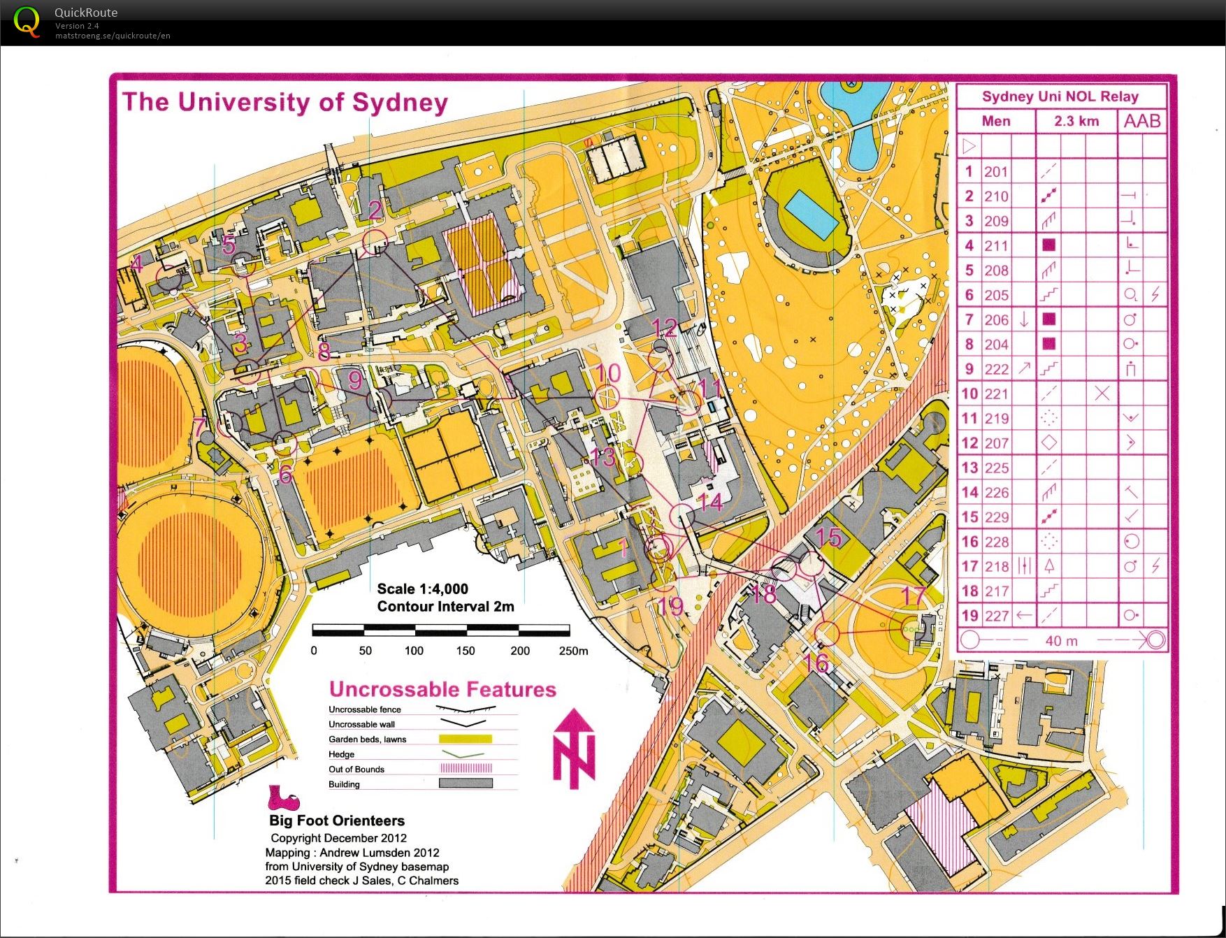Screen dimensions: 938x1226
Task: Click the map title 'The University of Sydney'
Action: click(285, 102)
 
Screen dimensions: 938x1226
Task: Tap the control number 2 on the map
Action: click(375, 210)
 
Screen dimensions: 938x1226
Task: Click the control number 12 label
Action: click(664, 327)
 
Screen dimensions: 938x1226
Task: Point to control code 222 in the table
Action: click(996, 369)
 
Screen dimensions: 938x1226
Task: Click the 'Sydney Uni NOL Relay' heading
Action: click(1060, 96)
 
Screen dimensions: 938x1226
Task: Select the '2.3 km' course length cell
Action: click(1076, 121)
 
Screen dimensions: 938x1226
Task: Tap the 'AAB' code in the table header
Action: click(1142, 121)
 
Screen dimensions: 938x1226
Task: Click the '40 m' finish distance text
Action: click(1061, 640)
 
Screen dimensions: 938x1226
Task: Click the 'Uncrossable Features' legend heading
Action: click(442, 689)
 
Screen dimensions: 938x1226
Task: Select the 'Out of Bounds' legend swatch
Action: click(466, 768)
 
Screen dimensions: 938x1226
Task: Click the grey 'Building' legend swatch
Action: click(466, 784)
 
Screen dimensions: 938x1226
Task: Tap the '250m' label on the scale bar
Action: click(573, 651)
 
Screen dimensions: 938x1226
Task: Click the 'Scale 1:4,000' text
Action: click(422, 589)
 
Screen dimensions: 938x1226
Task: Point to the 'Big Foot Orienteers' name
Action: click(337, 821)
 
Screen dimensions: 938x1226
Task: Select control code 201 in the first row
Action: click(996, 172)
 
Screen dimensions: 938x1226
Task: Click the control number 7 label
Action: click(200, 426)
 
